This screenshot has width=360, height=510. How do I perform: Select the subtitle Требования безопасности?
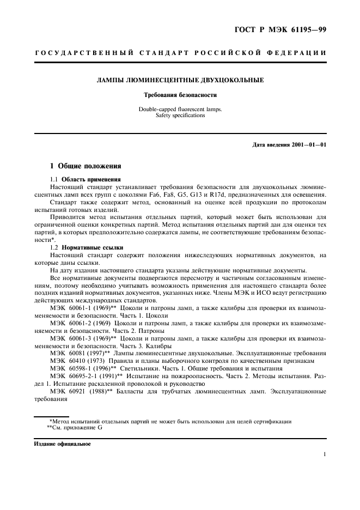coord(180,95)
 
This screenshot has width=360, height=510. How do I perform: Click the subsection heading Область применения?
coord(91,179)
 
